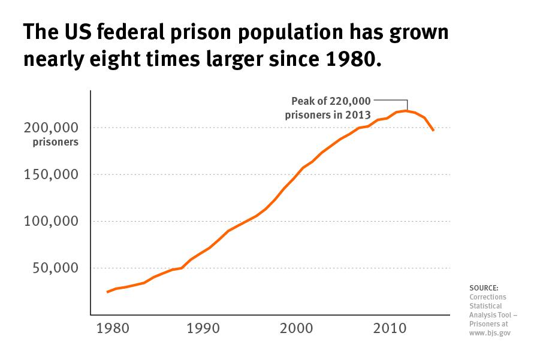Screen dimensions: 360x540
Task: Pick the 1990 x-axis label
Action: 203,329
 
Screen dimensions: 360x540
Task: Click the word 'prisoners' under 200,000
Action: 56,143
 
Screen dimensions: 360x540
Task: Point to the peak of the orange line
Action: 406,111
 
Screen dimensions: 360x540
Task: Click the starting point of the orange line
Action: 107,292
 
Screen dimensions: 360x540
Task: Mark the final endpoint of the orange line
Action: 433,131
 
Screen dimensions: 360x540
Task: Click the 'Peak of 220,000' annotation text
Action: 331,101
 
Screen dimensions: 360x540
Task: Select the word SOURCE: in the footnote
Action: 484,288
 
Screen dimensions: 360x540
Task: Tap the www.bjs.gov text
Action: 490,333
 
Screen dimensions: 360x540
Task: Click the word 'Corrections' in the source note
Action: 488,297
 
